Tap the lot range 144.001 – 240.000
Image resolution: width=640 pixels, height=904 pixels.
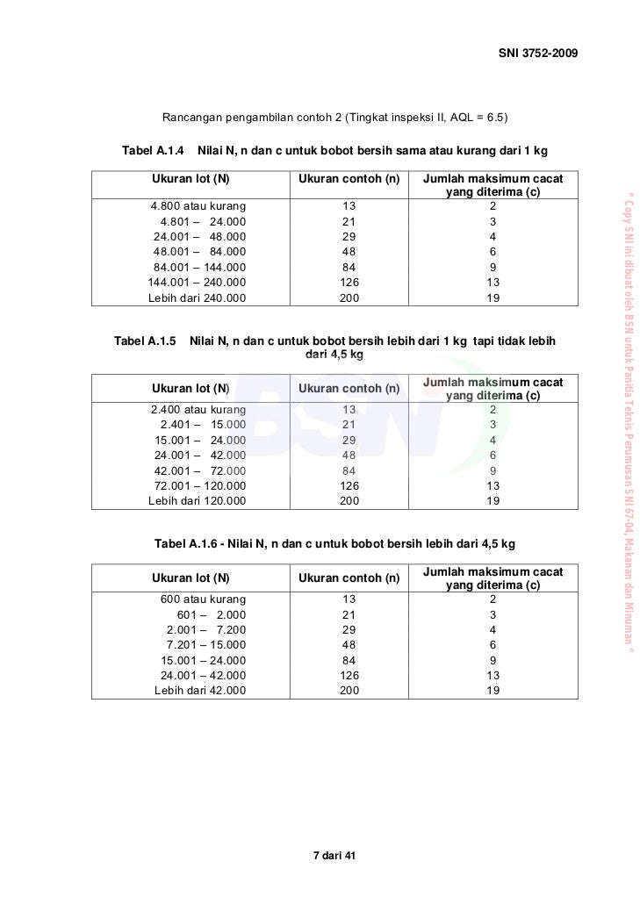198,282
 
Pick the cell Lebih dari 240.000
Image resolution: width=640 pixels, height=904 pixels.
198,298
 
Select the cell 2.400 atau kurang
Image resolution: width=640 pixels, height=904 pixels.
198,408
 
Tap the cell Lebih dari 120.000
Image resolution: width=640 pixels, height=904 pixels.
198,501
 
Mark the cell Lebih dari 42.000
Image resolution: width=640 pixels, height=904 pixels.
200,691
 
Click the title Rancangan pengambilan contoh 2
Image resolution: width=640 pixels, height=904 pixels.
335,117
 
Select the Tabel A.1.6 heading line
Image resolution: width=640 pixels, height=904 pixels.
334,543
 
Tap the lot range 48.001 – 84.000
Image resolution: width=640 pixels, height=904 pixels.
200,251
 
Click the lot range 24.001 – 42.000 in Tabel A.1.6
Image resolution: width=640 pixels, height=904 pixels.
203,675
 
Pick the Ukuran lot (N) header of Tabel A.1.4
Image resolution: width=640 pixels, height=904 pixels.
191,178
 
